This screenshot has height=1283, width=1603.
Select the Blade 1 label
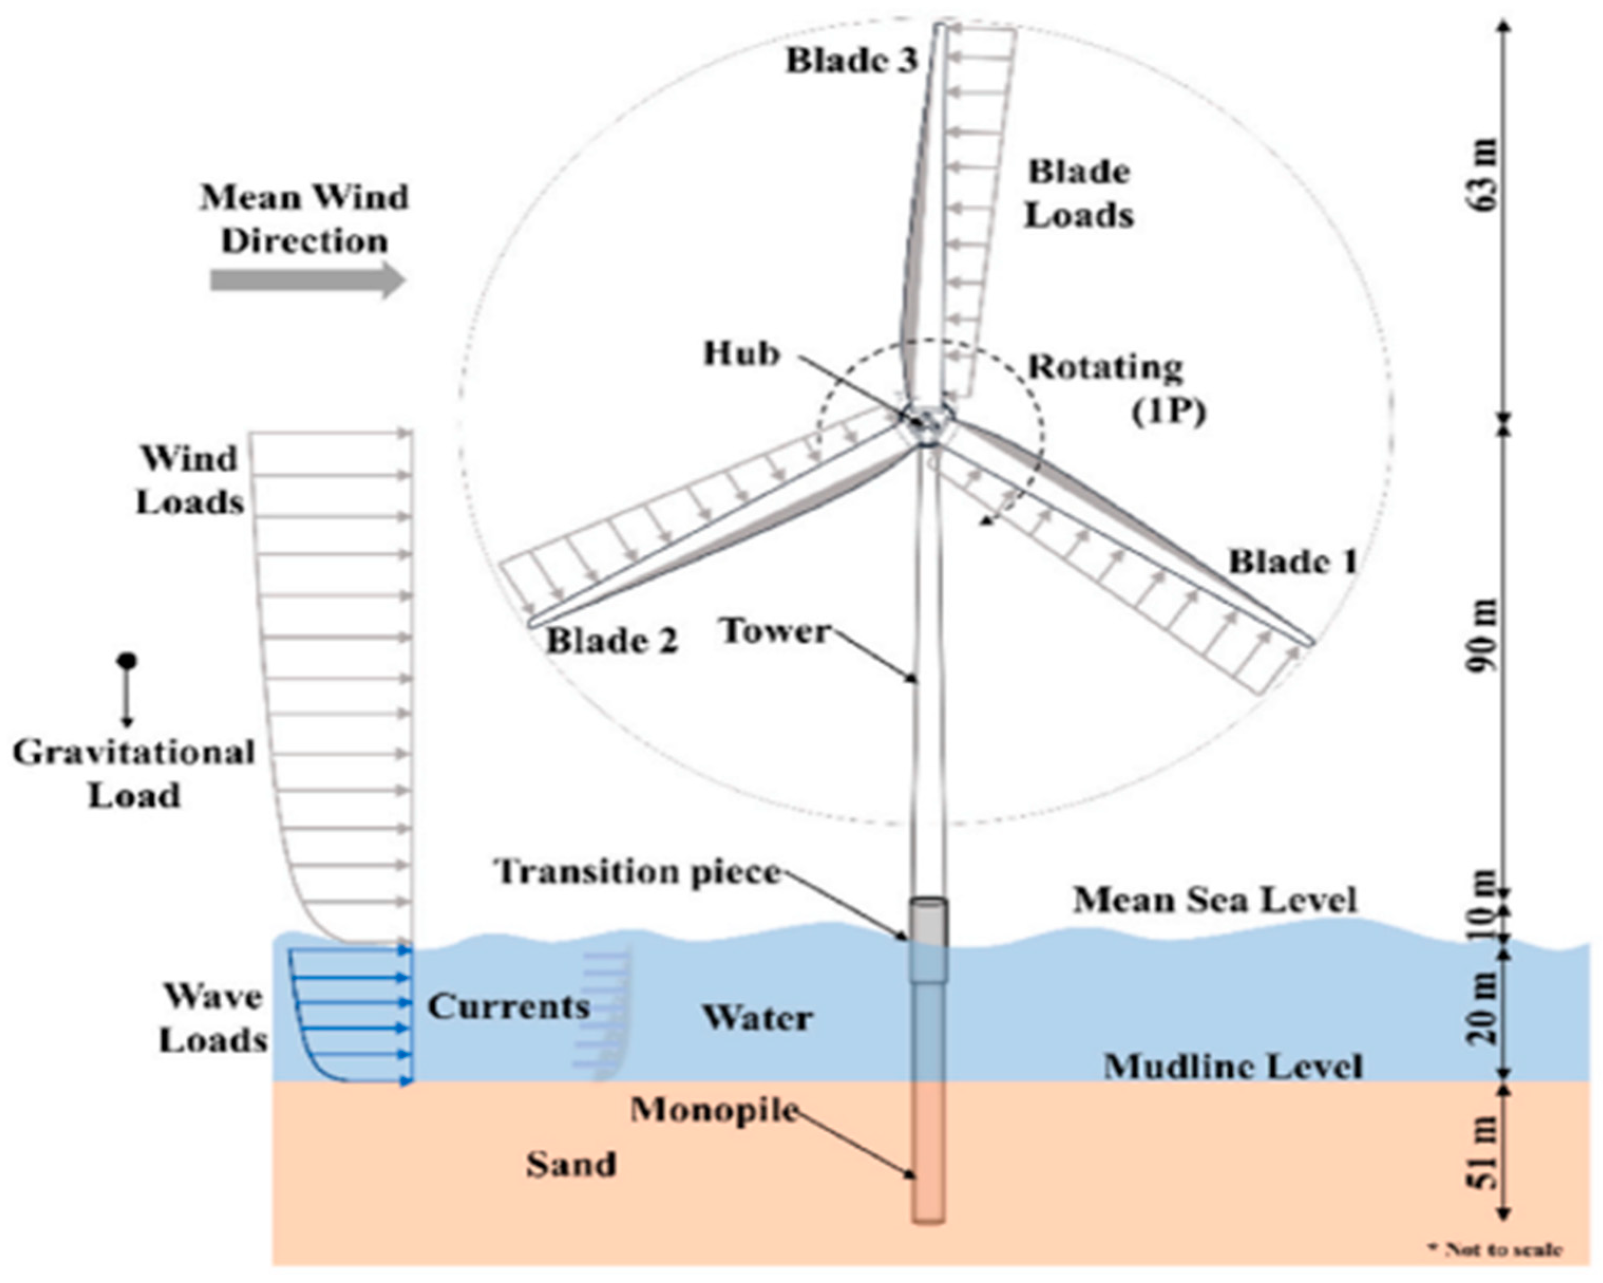(1292, 562)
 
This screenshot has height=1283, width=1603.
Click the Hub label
(741, 354)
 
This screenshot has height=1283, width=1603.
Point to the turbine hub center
(928, 422)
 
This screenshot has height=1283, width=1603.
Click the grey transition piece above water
(929, 923)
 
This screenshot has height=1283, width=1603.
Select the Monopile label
(714, 1110)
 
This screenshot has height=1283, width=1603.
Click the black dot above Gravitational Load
(127, 660)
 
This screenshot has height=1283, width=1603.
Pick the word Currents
(509, 1007)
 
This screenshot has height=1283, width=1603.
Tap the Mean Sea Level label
(1215, 900)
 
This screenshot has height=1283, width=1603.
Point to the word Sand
(571, 1165)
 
